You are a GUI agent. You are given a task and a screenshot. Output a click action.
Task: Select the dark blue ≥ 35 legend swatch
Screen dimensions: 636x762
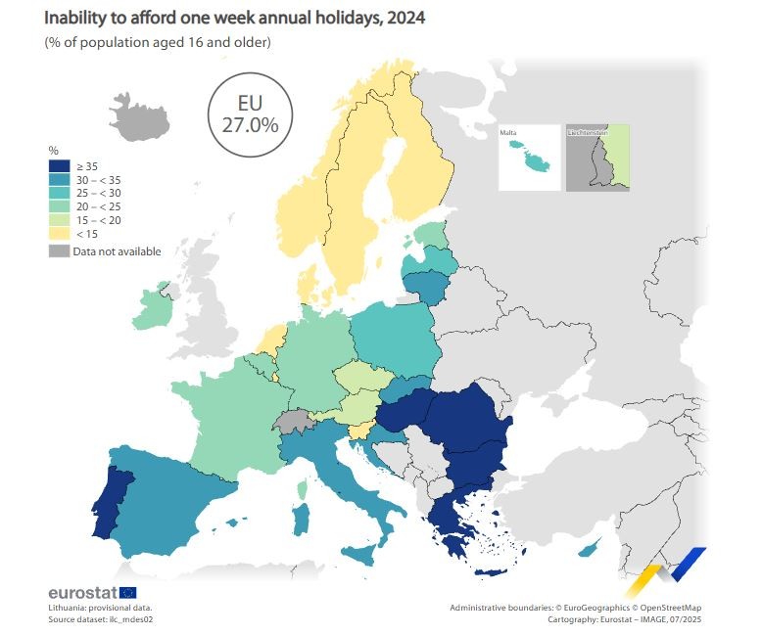(59, 166)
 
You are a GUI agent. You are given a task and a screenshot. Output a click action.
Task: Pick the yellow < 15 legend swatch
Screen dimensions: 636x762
(59, 234)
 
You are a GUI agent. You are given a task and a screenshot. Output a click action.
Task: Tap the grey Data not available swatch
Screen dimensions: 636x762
(59, 251)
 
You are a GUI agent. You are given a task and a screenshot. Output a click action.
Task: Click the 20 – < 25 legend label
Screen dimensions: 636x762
(97, 206)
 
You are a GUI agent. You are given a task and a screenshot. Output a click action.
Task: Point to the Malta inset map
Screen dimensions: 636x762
(530, 157)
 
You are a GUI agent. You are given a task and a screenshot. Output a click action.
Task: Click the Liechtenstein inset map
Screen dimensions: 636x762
(597, 157)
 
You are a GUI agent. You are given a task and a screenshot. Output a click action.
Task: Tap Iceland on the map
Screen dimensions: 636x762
(137, 115)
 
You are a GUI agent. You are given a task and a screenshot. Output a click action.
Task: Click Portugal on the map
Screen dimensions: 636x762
(111, 494)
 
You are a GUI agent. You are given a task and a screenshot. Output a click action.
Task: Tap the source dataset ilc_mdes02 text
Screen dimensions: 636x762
(102, 619)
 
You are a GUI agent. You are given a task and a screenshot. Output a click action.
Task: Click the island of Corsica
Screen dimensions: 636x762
(303, 486)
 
